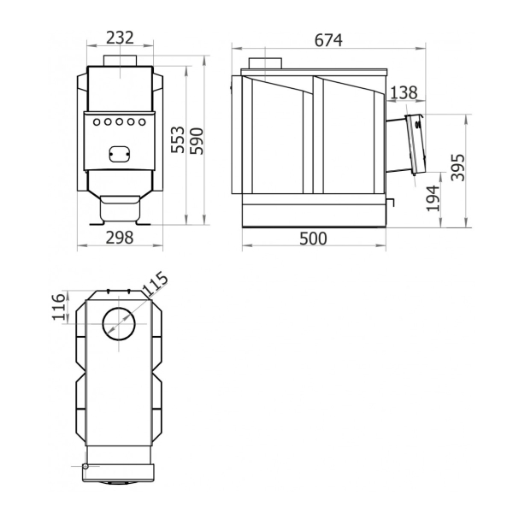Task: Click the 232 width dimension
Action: tap(120, 38)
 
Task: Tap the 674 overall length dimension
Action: tap(328, 40)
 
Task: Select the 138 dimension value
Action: tap(404, 92)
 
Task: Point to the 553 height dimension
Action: tap(178, 139)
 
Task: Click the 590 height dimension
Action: tap(197, 141)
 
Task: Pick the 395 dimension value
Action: tap(457, 168)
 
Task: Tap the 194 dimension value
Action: tap(433, 198)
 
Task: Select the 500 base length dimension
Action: tap(313, 239)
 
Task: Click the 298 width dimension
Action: tap(120, 238)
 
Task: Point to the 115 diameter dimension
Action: tap(156, 284)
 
